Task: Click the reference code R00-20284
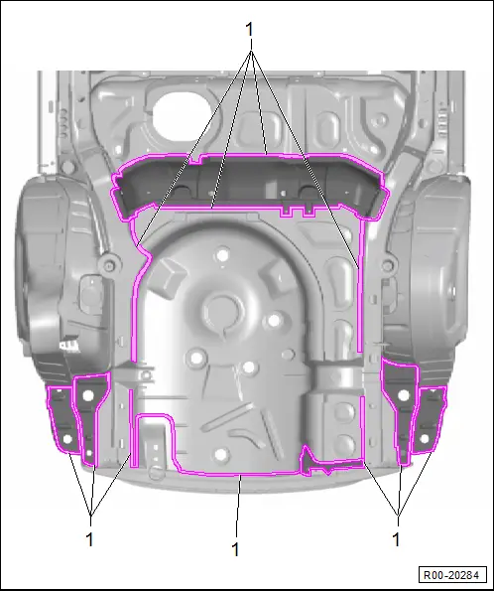tap(451, 575)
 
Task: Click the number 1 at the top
tap(249, 29)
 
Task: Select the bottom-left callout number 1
tap(89, 539)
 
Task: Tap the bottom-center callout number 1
tap(235, 549)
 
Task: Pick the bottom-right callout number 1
tap(396, 539)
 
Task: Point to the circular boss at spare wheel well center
tap(222, 312)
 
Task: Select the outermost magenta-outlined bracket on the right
tap(429, 419)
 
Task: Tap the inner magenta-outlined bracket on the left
tap(89, 413)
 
